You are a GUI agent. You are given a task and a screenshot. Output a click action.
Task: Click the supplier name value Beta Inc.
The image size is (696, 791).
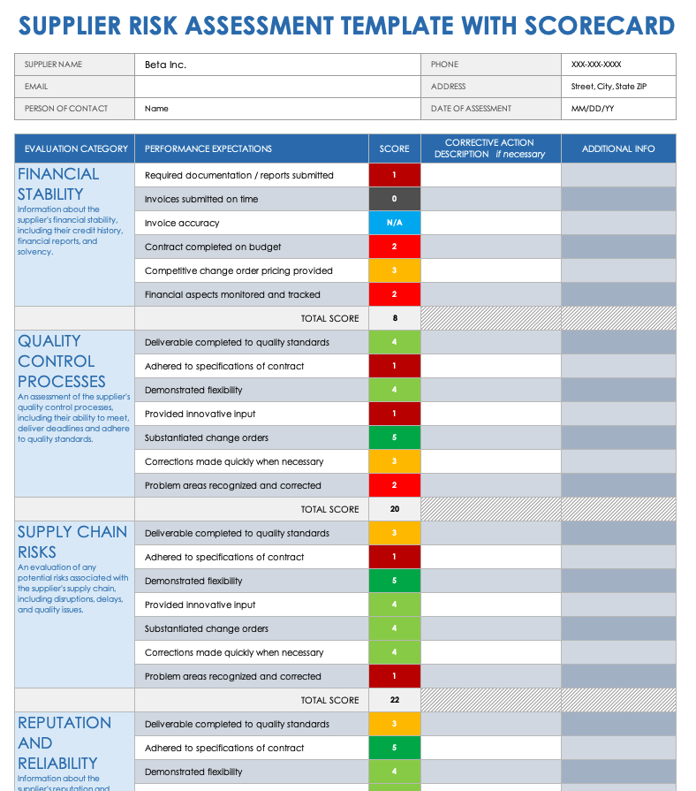[x=165, y=65]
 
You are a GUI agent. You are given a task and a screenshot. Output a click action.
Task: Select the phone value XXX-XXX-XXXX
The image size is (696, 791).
[x=596, y=65]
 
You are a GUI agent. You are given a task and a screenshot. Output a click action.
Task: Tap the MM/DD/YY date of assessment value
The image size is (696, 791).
[x=593, y=109]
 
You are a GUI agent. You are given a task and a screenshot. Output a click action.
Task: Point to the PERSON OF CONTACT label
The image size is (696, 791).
[x=66, y=109]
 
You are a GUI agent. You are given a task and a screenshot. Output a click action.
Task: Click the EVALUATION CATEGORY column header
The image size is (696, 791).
[x=76, y=148]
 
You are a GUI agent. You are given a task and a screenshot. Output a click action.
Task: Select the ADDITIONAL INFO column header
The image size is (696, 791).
[x=618, y=148]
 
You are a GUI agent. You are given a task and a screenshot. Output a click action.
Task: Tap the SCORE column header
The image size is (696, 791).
[x=394, y=148]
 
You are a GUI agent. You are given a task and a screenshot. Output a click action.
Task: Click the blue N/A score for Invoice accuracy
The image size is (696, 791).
[x=394, y=223]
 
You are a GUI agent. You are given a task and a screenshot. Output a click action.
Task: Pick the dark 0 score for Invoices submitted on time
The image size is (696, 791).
[x=394, y=199]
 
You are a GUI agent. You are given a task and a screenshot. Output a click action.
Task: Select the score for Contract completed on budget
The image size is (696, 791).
[x=394, y=247]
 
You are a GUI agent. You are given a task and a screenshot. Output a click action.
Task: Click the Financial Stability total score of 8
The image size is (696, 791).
[x=394, y=318]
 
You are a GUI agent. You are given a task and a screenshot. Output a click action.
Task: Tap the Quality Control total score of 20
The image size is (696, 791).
[x=394, y=509]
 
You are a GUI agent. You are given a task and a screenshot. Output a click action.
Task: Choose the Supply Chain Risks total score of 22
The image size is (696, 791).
[x=394, y=700]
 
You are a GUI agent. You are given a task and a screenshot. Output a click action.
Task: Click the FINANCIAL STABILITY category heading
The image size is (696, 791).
[x=58, y=184]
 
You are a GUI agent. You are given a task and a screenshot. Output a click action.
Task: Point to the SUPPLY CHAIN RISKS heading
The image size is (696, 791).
[x=72, y=541]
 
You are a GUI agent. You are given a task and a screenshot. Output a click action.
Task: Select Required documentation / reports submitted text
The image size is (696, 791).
[x=238, y=175]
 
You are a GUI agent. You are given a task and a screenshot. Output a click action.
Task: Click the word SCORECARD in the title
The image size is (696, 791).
[x=598, y=25]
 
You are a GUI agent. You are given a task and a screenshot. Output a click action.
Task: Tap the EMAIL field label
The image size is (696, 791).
[x=36, y=87]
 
